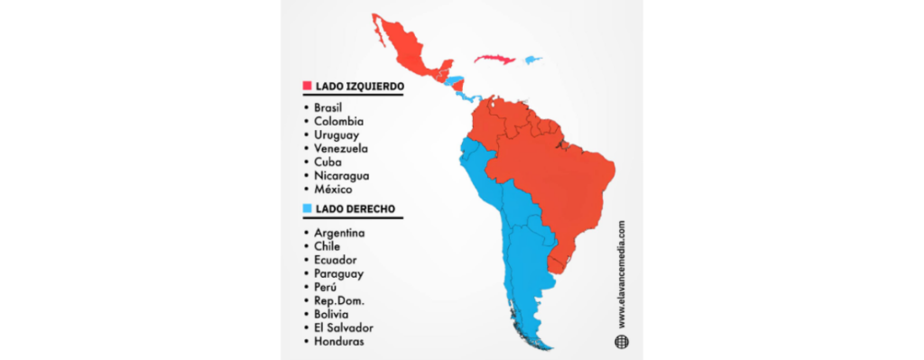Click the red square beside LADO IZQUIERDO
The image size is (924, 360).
point(307,87)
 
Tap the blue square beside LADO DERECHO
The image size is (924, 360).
point(307,209)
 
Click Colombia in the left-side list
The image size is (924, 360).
point(338,121)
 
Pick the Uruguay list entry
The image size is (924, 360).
point(337,134)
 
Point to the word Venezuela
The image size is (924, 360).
point(341,148)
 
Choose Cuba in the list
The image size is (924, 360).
point(327,162)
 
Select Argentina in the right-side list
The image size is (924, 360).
point(340,232)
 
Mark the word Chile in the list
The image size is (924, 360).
point(328,245)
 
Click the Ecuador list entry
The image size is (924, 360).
point(336,259)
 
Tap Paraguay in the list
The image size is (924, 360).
point(339,272)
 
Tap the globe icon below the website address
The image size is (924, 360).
point(621,341)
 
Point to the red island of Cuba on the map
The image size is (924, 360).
point(495,59)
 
